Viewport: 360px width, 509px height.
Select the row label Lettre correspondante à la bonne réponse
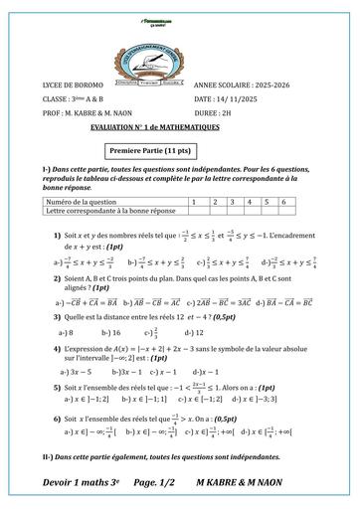pos(105,210)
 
